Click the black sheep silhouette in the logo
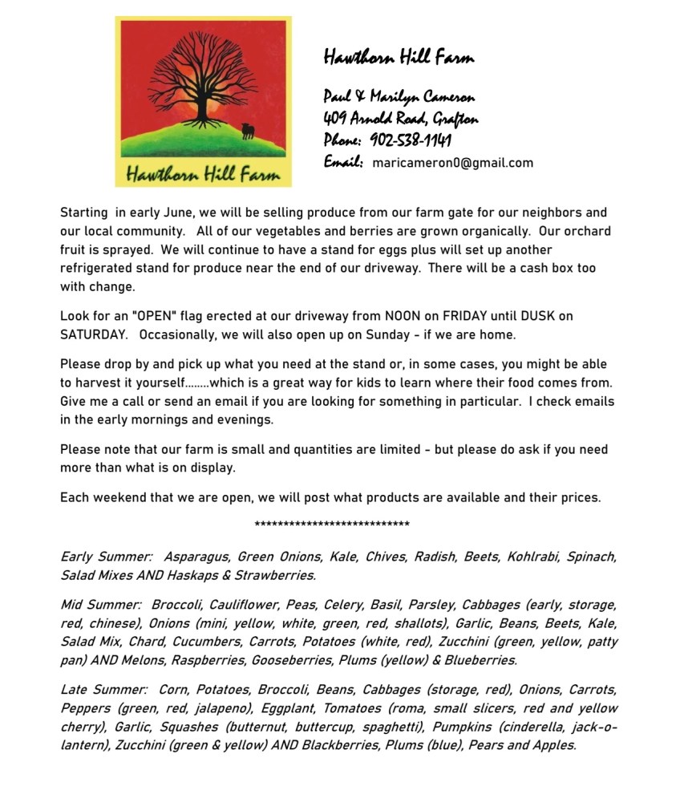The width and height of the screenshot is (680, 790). (x=248, y=131)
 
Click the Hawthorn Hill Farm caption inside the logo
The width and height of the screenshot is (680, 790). (x=202, y=172)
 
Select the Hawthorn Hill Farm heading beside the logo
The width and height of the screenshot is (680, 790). (x=399, y=57)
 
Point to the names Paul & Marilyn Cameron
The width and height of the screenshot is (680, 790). (x=399, y=97)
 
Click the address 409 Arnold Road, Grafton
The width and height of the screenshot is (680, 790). (x=401, y=120)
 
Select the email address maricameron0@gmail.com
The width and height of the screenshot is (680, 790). (x=452, y=163)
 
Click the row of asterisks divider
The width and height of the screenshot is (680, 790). (x=331, y=525)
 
